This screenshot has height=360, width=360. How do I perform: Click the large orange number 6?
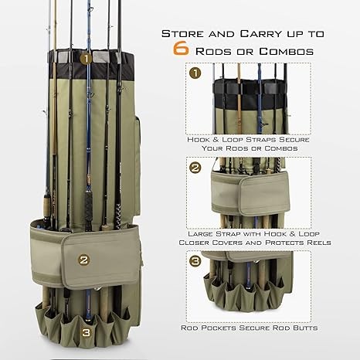181,48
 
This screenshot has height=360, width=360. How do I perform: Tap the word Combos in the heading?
286,51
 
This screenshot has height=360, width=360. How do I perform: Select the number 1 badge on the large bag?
86,59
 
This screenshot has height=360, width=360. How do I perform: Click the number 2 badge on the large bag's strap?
84,260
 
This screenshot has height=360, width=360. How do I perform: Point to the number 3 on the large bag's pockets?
87,332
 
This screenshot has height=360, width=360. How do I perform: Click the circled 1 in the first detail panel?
195,73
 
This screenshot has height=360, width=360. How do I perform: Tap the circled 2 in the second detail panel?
195,168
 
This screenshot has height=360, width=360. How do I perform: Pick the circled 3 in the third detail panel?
195,261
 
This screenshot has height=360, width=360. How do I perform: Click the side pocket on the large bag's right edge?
138,165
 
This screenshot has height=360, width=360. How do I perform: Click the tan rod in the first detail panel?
239,99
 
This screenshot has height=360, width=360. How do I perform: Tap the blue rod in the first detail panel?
260,99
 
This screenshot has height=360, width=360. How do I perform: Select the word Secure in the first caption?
294,140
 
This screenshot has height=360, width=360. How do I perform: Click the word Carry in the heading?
260,34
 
